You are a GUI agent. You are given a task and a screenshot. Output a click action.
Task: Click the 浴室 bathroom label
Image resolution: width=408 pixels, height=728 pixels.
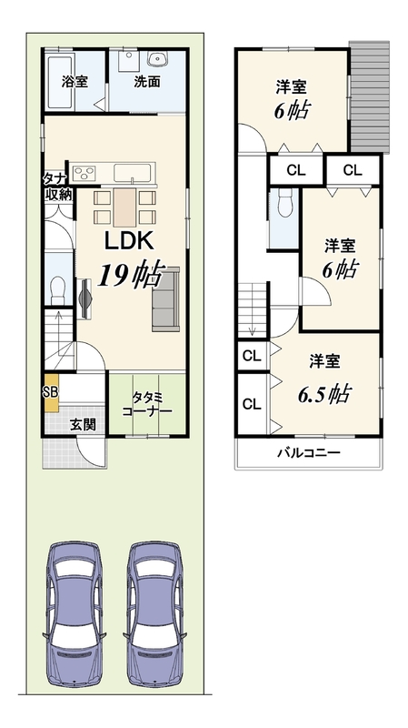coord(75,82)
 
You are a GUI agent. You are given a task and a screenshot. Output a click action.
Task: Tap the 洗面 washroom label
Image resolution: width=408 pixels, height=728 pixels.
coord(147,82)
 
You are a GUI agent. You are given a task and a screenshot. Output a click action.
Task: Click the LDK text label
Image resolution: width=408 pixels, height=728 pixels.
coord(128,241)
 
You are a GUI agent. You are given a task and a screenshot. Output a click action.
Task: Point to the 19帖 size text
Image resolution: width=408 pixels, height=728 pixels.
coord(129,276)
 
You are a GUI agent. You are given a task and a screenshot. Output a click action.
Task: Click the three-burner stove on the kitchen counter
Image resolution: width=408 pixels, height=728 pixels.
coord(84,173)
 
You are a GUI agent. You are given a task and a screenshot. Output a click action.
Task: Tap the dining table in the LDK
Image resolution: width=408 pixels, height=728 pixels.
coord(124,207)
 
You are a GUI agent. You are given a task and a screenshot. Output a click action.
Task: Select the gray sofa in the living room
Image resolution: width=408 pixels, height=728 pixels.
coord(166,299)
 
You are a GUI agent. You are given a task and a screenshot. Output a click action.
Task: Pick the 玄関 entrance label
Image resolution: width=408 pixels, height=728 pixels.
coord(83,424)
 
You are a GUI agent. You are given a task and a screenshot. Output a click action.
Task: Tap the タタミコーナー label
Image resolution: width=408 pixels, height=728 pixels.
coord(146,404)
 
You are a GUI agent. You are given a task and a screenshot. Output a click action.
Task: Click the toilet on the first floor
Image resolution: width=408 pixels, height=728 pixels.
coord(58,289)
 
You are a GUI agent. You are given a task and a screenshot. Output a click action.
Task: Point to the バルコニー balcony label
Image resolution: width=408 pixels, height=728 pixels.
coord(309,452)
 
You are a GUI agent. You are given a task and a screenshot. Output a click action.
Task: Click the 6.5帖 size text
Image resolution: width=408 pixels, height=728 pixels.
coord(323,395)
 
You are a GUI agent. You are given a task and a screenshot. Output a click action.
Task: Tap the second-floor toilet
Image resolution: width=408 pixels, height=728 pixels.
coord(284,203)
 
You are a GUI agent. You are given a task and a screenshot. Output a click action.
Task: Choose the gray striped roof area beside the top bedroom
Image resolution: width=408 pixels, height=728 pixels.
coord(369,97)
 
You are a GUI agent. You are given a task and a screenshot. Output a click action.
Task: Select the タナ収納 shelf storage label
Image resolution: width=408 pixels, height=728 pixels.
coord(58,187)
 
